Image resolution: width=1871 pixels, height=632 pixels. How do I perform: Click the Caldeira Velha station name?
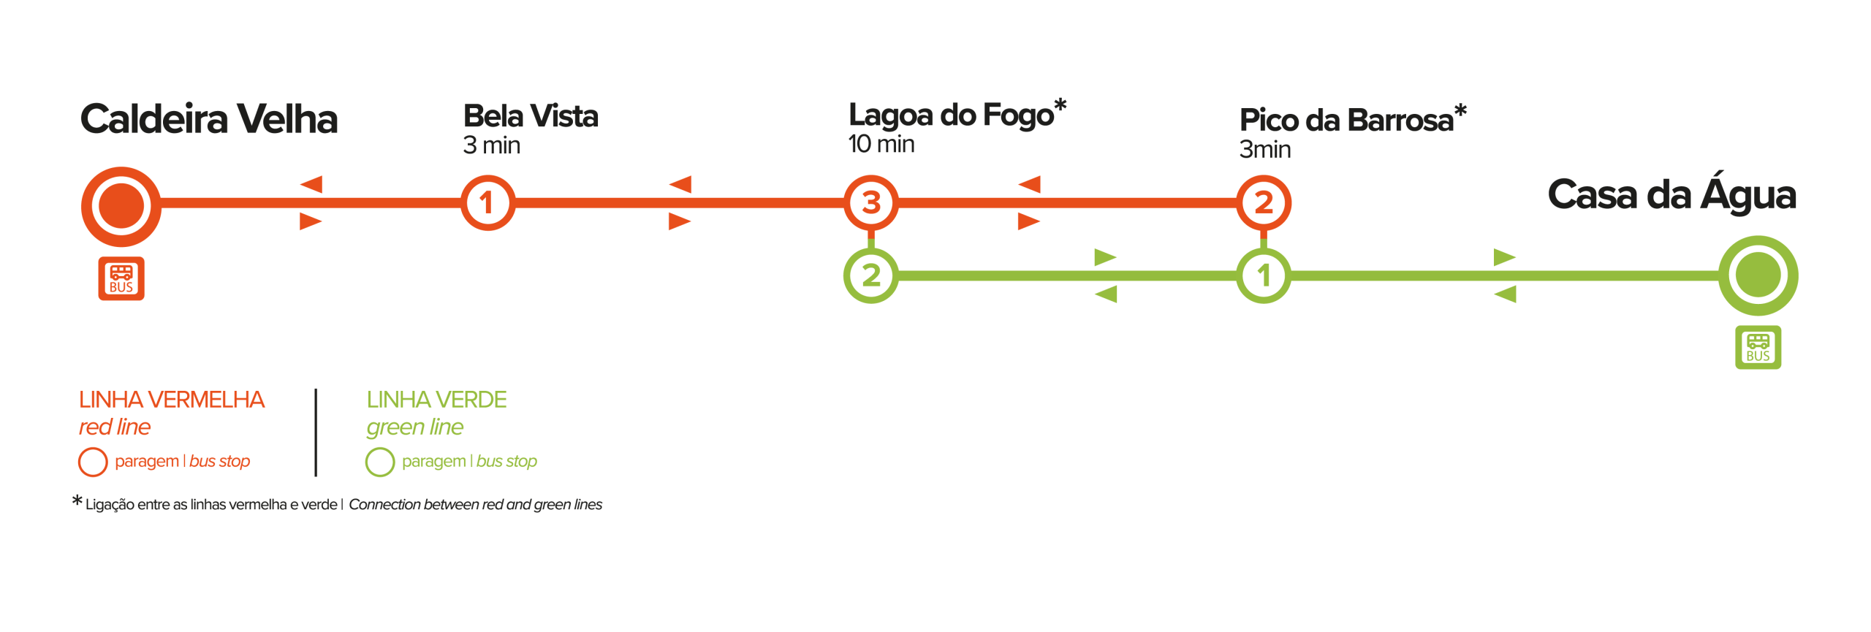(209, 119)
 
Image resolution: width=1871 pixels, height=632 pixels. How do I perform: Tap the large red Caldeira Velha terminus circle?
(121, 206)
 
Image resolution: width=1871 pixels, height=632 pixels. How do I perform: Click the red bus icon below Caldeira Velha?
(121, 278)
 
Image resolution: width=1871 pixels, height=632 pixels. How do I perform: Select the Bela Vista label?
(531, 115)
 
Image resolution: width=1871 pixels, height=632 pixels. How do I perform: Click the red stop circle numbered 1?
(487, 202)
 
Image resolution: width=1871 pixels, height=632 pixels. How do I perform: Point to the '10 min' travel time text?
(881, 144)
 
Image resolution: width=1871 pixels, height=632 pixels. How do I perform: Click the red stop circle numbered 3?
(870, 202)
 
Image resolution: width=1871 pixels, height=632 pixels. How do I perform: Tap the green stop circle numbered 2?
(870, 275)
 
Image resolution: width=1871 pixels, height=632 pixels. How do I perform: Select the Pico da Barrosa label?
(1346, 120)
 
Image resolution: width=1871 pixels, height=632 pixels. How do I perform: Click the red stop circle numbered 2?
(1264, 202)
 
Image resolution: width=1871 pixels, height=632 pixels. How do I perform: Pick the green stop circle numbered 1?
(1264, 275)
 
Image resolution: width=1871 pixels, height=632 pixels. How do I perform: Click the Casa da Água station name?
(1671, 193)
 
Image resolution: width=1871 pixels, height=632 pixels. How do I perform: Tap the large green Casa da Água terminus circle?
(1758, 275)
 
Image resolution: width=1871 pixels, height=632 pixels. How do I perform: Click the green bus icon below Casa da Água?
(1758, 347)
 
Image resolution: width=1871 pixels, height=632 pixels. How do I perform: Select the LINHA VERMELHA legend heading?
(172, 400)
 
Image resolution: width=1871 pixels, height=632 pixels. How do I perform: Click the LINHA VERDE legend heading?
(436, 400)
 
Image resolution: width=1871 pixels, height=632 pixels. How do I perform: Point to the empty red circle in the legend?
(93, 462)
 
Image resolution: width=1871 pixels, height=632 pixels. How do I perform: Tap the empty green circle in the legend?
(380, 462)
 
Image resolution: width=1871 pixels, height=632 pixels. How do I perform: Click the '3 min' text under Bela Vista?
(491, 145)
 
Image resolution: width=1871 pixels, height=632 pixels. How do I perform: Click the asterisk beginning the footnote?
(77, 500)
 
